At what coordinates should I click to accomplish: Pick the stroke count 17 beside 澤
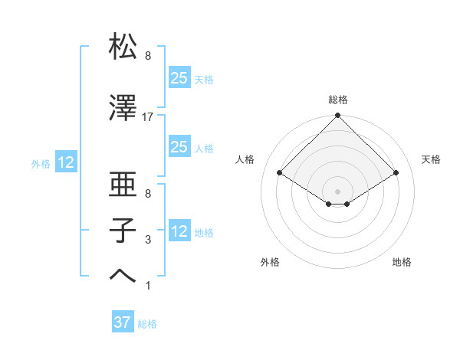point(148,117)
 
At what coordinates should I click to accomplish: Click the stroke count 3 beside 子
point(148,240)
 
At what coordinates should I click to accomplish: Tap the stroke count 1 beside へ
point(148,286)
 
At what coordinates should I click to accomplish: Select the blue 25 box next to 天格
point(179,77)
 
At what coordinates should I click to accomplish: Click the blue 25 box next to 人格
point(179,146)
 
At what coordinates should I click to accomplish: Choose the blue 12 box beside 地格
point(179,231)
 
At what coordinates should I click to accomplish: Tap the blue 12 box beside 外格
point(65,162)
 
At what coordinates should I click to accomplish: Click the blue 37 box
point(123,322)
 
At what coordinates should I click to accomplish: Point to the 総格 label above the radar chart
point(338,100)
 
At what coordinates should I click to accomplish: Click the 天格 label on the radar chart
point(431,159)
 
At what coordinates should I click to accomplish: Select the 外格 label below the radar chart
point(270,262)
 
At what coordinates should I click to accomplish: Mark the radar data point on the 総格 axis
point(338,116)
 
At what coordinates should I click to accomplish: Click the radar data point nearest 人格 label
point(280,173)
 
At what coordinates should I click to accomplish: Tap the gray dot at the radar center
point(338,190)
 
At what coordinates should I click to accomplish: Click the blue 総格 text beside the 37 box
point(147,324)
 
